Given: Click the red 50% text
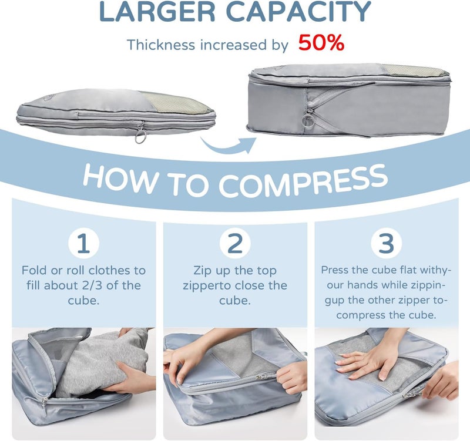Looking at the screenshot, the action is tap(321, 43).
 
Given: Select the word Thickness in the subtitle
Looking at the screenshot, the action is tap(161, 45).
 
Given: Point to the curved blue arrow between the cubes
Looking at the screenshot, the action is tap(228, 146).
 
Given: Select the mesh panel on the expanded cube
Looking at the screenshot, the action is tap(417, 70).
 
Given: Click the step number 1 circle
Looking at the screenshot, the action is tap(83, 243).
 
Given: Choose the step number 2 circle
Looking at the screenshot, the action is tap(234, 243).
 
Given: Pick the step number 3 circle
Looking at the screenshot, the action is tap(386, 243).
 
